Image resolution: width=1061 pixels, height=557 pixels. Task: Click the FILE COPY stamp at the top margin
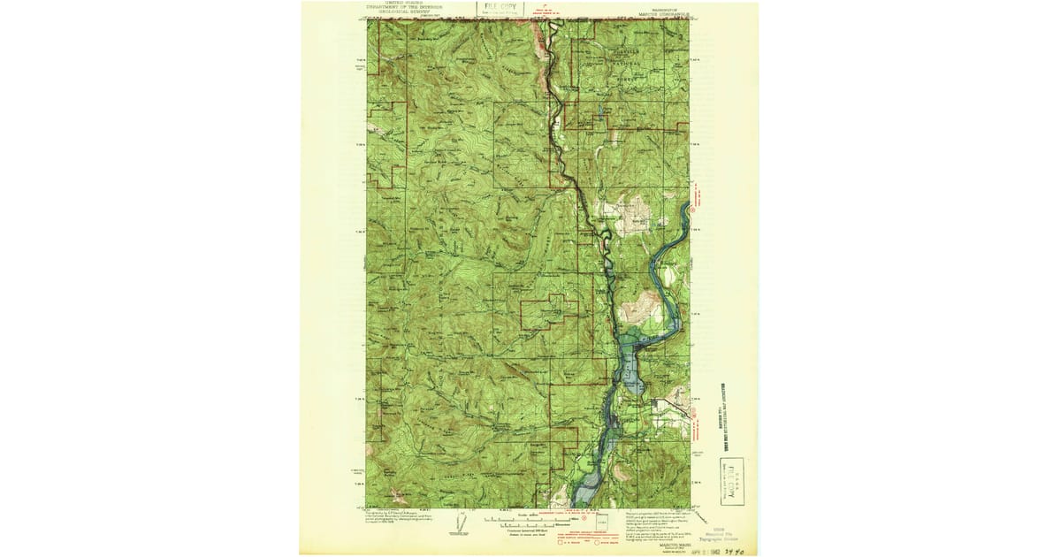(500, 9)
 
